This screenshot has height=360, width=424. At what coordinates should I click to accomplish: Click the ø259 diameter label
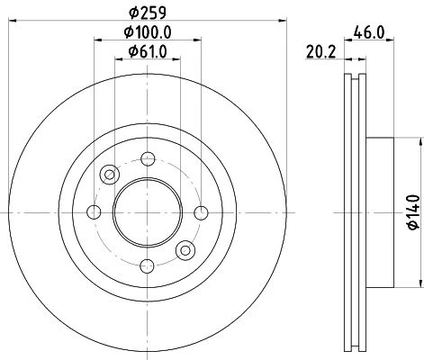pyautogui.click(x=148, y=13)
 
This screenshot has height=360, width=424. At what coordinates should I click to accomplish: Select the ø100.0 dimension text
pyautogui.click(x=148, y=31)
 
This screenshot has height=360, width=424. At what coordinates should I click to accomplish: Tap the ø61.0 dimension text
pyautogui.click(x=148, y=52)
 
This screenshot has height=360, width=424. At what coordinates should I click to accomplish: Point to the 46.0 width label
pyautogui.click(x=369, y=32)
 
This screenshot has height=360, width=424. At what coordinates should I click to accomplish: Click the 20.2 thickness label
pyautogui.click(x=320, y=52)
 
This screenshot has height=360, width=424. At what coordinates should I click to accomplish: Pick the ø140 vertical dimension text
pyautogui.click(x=413, y=211)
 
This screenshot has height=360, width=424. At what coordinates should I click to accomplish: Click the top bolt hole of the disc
pyautogui.click(x=148, y=159)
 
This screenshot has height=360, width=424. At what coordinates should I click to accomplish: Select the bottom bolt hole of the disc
pyautogui.click(x=148, y=266)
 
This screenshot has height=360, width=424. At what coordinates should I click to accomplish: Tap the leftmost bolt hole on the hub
pyautogui.click(x=94, y=212)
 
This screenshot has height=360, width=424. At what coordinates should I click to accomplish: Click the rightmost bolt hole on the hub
pyautogui.click(x=201, y=212)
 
